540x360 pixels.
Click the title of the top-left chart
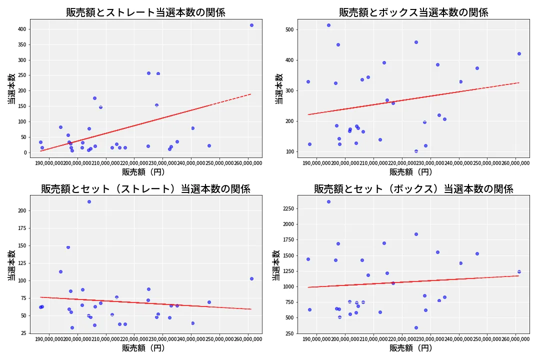[x=145, y=12]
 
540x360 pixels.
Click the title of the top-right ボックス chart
[x=413, y=12]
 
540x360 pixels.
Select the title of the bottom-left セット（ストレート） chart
[x=145, y=189]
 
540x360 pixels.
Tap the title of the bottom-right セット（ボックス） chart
[x=413, y=189]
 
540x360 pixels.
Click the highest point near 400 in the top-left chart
[x=251, y=25]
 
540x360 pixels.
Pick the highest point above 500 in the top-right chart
[x=328, y=25]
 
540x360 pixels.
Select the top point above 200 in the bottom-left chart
[x=89, y=201]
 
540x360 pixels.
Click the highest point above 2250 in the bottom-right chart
[x=328, y=201]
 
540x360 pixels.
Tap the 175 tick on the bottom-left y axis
[x=21, y=228]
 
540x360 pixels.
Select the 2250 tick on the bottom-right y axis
[x=287, y=208]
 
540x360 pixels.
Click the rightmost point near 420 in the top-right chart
[x=519, y=53]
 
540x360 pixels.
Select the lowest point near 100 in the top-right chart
[x=416, y=151]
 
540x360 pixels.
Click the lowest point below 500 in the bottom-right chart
[x=416, y=327]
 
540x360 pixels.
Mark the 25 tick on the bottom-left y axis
[x=23, y=333]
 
